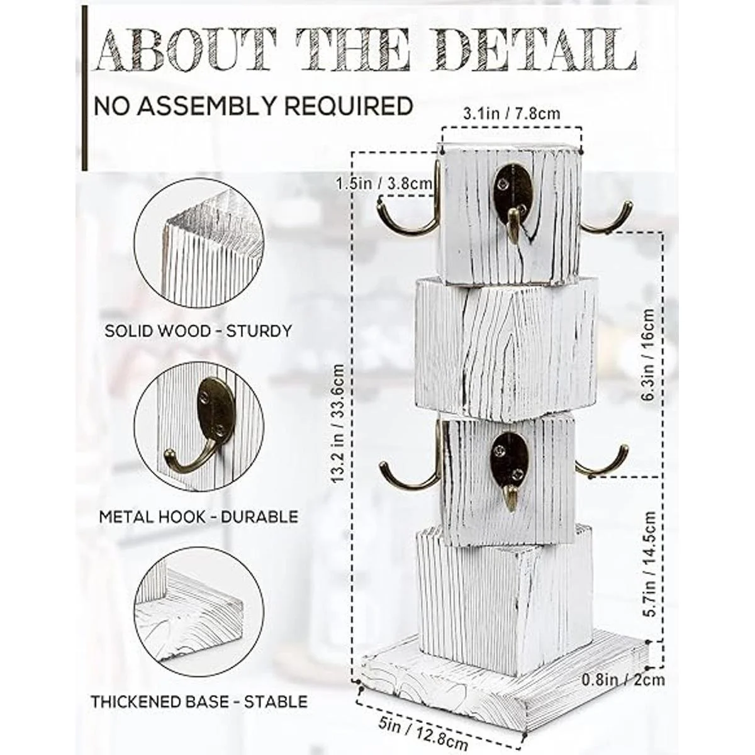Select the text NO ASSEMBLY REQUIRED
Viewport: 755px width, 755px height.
coord(254,106)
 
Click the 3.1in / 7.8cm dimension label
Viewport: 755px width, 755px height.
coord(512,114)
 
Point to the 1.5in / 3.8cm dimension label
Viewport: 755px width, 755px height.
coord(384,183)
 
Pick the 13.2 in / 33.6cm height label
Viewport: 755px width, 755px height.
coord(337,423)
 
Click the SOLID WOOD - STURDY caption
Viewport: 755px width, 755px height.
coord(198,331)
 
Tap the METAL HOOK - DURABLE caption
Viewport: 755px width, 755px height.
coord(199,517)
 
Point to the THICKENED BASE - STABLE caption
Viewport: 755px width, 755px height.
coord(199,702)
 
